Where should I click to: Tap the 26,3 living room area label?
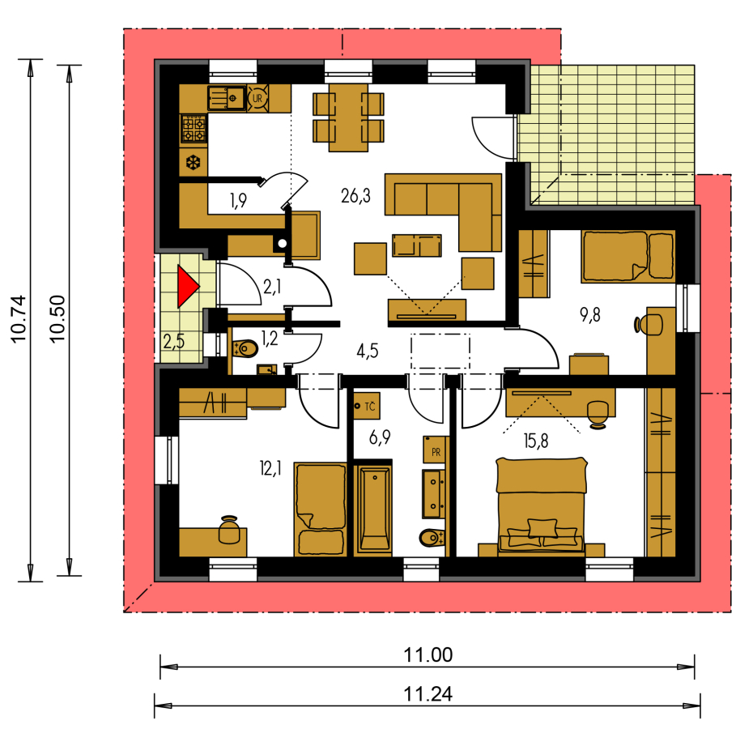click(x=355, y=196)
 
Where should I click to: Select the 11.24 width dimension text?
click(x=428, y=694)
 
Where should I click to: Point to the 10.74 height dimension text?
click(x=19, y=319)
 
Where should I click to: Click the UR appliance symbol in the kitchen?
click(x=258, y=98)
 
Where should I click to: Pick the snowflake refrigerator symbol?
click(x=193, y=163)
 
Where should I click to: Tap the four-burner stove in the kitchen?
click(x=194, y=129)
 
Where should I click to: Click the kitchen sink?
click(x=227, y=98)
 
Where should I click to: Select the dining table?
click(x=349, y=117)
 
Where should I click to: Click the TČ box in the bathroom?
click(x=367, y=407)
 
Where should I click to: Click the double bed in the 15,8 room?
click(x=541, y=506)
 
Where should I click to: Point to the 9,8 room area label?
click(x=589, y=315)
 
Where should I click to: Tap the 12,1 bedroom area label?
click(x=270, y=467)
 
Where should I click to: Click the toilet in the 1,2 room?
click(x=245, y=348)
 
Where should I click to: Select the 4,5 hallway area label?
click(x=368, y=352)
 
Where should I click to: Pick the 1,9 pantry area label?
click(x=238, y=200)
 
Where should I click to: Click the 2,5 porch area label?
click(x=173, y=341)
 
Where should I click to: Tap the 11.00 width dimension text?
click(x=428, y=655)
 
